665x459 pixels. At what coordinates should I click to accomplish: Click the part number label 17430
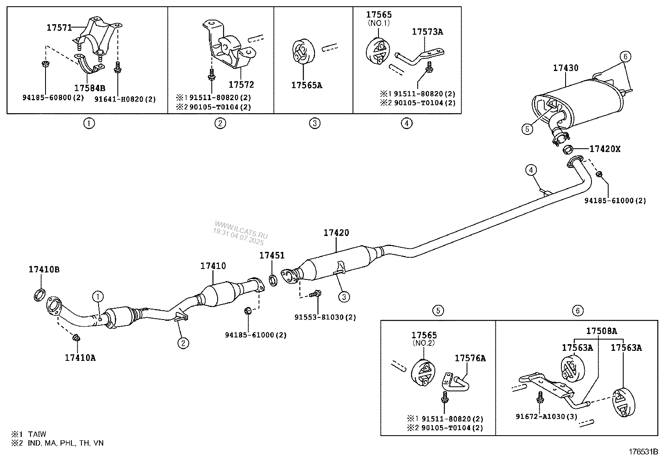[566, 68]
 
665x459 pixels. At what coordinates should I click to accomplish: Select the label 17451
[272, 255]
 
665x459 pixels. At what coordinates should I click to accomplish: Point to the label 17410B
[44, 269]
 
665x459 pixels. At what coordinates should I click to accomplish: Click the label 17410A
[80, 358]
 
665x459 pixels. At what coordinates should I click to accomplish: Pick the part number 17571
[59, 28]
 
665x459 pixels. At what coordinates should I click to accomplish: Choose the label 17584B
[89, 88]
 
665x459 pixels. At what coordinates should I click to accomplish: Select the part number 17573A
[427, 31]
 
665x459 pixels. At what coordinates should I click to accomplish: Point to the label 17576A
[470, 358]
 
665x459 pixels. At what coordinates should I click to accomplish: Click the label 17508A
[601, 331]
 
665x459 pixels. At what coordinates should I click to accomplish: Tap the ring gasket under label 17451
[273, 280]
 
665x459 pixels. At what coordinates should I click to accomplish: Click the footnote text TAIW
[38, 434]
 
